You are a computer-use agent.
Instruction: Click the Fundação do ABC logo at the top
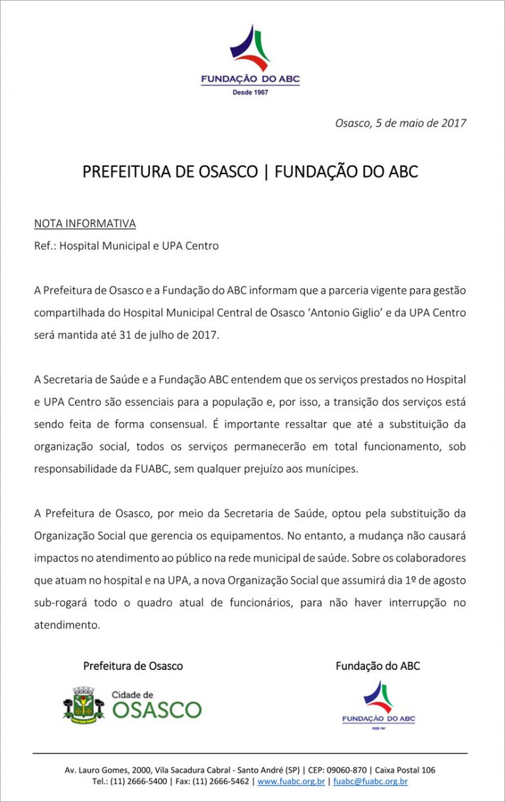250,60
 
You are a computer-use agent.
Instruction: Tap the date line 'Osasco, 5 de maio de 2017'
400,123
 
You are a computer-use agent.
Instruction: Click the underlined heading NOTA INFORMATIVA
85,224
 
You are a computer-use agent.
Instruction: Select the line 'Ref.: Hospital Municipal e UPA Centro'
126,246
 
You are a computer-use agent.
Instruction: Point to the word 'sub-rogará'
60,603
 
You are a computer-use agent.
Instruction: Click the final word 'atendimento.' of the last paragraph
67,625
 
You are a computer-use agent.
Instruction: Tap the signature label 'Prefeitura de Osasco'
133,666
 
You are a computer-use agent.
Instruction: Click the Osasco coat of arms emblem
84,705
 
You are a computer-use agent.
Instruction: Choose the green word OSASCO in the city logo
156,710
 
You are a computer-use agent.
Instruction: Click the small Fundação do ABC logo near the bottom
378,705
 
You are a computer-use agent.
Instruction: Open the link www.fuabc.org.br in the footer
291,782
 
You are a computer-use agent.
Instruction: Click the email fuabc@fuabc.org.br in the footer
370,782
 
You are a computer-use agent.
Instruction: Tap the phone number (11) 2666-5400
139,782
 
